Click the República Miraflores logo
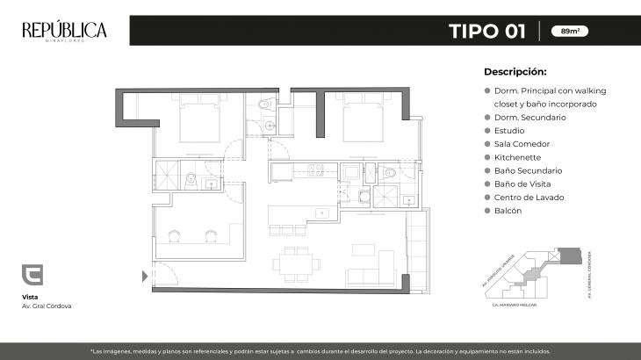click(x=64, y=32)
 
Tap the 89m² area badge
click(x=570, y=32)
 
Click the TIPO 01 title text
click(x=487, y=32)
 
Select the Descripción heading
click(x=515, y=72)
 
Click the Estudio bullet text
click(x=509, y=130)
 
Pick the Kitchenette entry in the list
click(x=516, y=157)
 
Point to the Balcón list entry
click(x=508, y=211)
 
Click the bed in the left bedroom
click(x=201, y=122)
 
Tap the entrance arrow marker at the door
click(x=145, y=276)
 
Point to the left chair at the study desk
click(x=176, y=234)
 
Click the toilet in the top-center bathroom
click(x=269, y=107)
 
